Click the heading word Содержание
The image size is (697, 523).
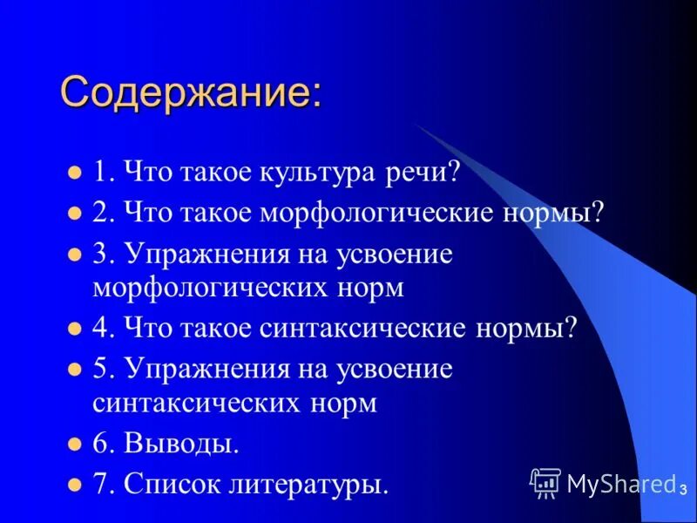(189, 92)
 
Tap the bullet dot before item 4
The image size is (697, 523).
(74, 329)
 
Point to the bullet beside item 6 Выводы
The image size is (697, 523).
(74, 444)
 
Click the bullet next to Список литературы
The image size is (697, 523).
(74, 483)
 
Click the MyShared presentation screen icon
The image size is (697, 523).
(545, 482)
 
